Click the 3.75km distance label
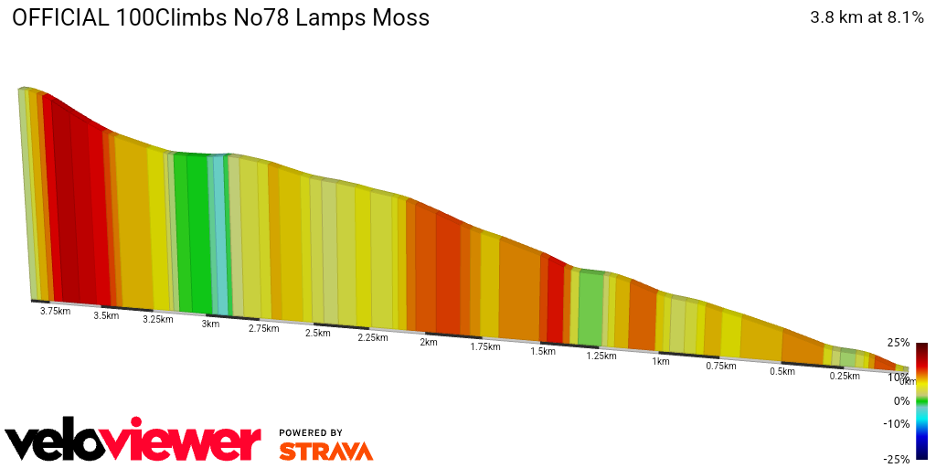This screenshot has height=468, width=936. tap(55, 311)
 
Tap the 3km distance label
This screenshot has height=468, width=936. tap(210, 324)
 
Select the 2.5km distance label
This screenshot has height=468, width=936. tap(317, 333)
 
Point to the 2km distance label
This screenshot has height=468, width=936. tap(428, 342)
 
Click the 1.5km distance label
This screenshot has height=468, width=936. tap(543, 351)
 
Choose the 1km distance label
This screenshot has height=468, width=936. tap(661, 361)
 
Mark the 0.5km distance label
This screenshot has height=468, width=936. tap(782, 371)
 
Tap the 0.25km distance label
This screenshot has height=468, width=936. tap(845, 376)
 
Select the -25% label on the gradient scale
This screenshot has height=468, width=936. tap(897, 459)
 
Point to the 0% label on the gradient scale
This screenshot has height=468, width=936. tap(901, 400)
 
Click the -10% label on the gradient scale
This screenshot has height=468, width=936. tap(897, 423)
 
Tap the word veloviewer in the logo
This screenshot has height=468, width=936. tap(133, 442)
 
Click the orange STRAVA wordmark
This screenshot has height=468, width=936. tap(325, 451)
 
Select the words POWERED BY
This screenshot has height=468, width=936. tap(311, 432)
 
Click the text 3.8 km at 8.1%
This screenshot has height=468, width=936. tap(867, 17)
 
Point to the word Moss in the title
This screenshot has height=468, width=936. tap(395, 17)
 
